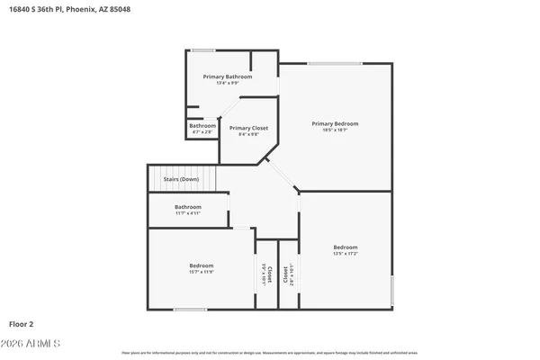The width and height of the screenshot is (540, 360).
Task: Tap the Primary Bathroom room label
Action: pyautogui.click(x=227, y=77)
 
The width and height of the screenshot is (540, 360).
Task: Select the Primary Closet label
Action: pyautogui.click(x=248, y=129)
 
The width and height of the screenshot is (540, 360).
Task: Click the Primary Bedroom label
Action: pyautogui.click(x=335, y=123)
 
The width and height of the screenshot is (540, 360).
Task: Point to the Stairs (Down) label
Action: pyautogui.click(x=181, y=179)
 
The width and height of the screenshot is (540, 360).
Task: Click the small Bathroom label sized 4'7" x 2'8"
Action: pyautogui.click(x=202, y=126)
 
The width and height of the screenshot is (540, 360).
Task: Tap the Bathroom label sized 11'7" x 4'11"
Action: pyautogui.click(x=194, y=207)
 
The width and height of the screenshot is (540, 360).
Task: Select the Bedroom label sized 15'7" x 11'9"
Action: pyautogui.click(x=202, y=265)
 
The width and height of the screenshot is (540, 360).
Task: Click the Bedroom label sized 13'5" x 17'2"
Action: pyautogui.click(x=346, y=247)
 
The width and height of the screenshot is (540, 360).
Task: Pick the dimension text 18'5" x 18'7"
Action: pyautogui.click(x=335, y=130)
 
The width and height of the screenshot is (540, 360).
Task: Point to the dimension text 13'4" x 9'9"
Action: pyautogui.click(x=227, y=84)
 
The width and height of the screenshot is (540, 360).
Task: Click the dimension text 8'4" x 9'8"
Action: pyautogui.click(x=248, y=135)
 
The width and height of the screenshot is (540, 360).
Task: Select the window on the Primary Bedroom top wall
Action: pyautogui.click(x=335, y=63)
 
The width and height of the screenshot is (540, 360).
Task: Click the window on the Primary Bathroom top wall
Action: pyautogui.click(x=202, y=49)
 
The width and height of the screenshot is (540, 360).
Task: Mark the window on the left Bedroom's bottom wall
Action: pyautogui.click(x=190, y=310)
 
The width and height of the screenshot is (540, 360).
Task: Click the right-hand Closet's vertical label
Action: pyautogui.click(x=286, y=274)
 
